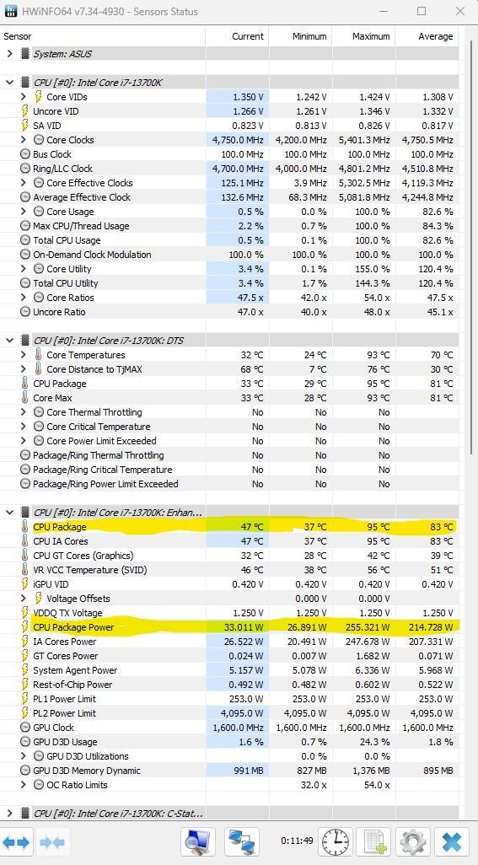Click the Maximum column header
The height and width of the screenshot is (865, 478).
[x=371, y=36]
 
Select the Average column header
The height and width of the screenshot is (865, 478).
[x=436, y=36]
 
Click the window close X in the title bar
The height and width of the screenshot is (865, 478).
[x=459, y=11]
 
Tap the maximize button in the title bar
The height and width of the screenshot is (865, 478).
[x=422, y=11]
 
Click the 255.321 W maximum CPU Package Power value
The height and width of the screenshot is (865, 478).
[x=368, y=627]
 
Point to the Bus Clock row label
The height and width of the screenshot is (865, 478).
[x=51, y=154]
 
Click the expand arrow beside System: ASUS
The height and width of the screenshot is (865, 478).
[x=9, y=54]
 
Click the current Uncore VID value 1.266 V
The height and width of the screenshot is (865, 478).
[x=248, y=111]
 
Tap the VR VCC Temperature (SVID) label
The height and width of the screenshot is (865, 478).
[x=90, y=570]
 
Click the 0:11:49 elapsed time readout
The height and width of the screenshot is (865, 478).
[x=297, y=841]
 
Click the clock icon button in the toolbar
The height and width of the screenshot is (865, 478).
[x=336, y=842]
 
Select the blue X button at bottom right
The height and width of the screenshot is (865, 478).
[x=451, y=842]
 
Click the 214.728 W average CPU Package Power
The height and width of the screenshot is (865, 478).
[x=431, y=627]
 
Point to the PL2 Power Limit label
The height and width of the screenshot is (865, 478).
[x=65, y=713]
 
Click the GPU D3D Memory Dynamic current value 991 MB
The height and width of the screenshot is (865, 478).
[x=248, y=771]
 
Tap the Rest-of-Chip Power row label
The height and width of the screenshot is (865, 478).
[x=73, y=685]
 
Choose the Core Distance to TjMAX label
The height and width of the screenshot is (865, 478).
[x=94, y=369]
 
